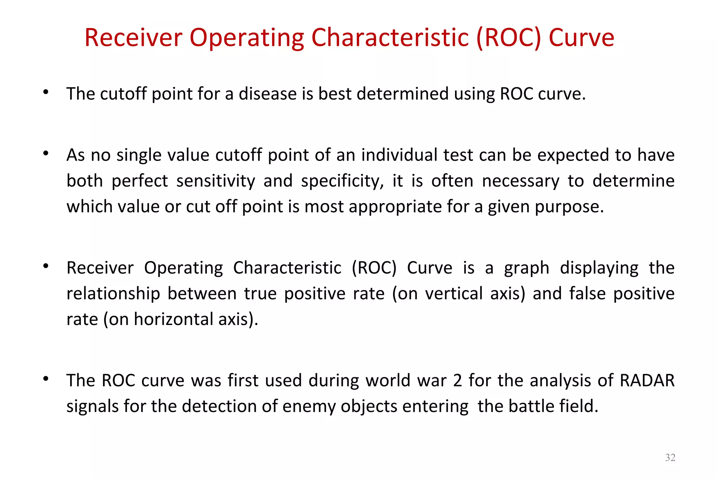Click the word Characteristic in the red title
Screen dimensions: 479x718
tap(390, 38)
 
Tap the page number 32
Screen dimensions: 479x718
tap(670, 457)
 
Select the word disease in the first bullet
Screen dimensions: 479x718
tap(268, 94)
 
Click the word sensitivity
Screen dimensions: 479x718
tap(216, 181)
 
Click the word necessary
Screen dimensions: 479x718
tap(521, 181)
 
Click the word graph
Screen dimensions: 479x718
tap(527, 268)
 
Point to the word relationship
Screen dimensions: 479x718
tap(113, 294)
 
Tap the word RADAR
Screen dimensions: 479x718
tap(647, 380)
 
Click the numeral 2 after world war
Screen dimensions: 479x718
tap(458, 380)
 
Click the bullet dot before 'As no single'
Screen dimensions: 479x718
tap(46, 153)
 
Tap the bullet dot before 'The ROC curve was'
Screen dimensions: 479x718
tap(46, 379)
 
